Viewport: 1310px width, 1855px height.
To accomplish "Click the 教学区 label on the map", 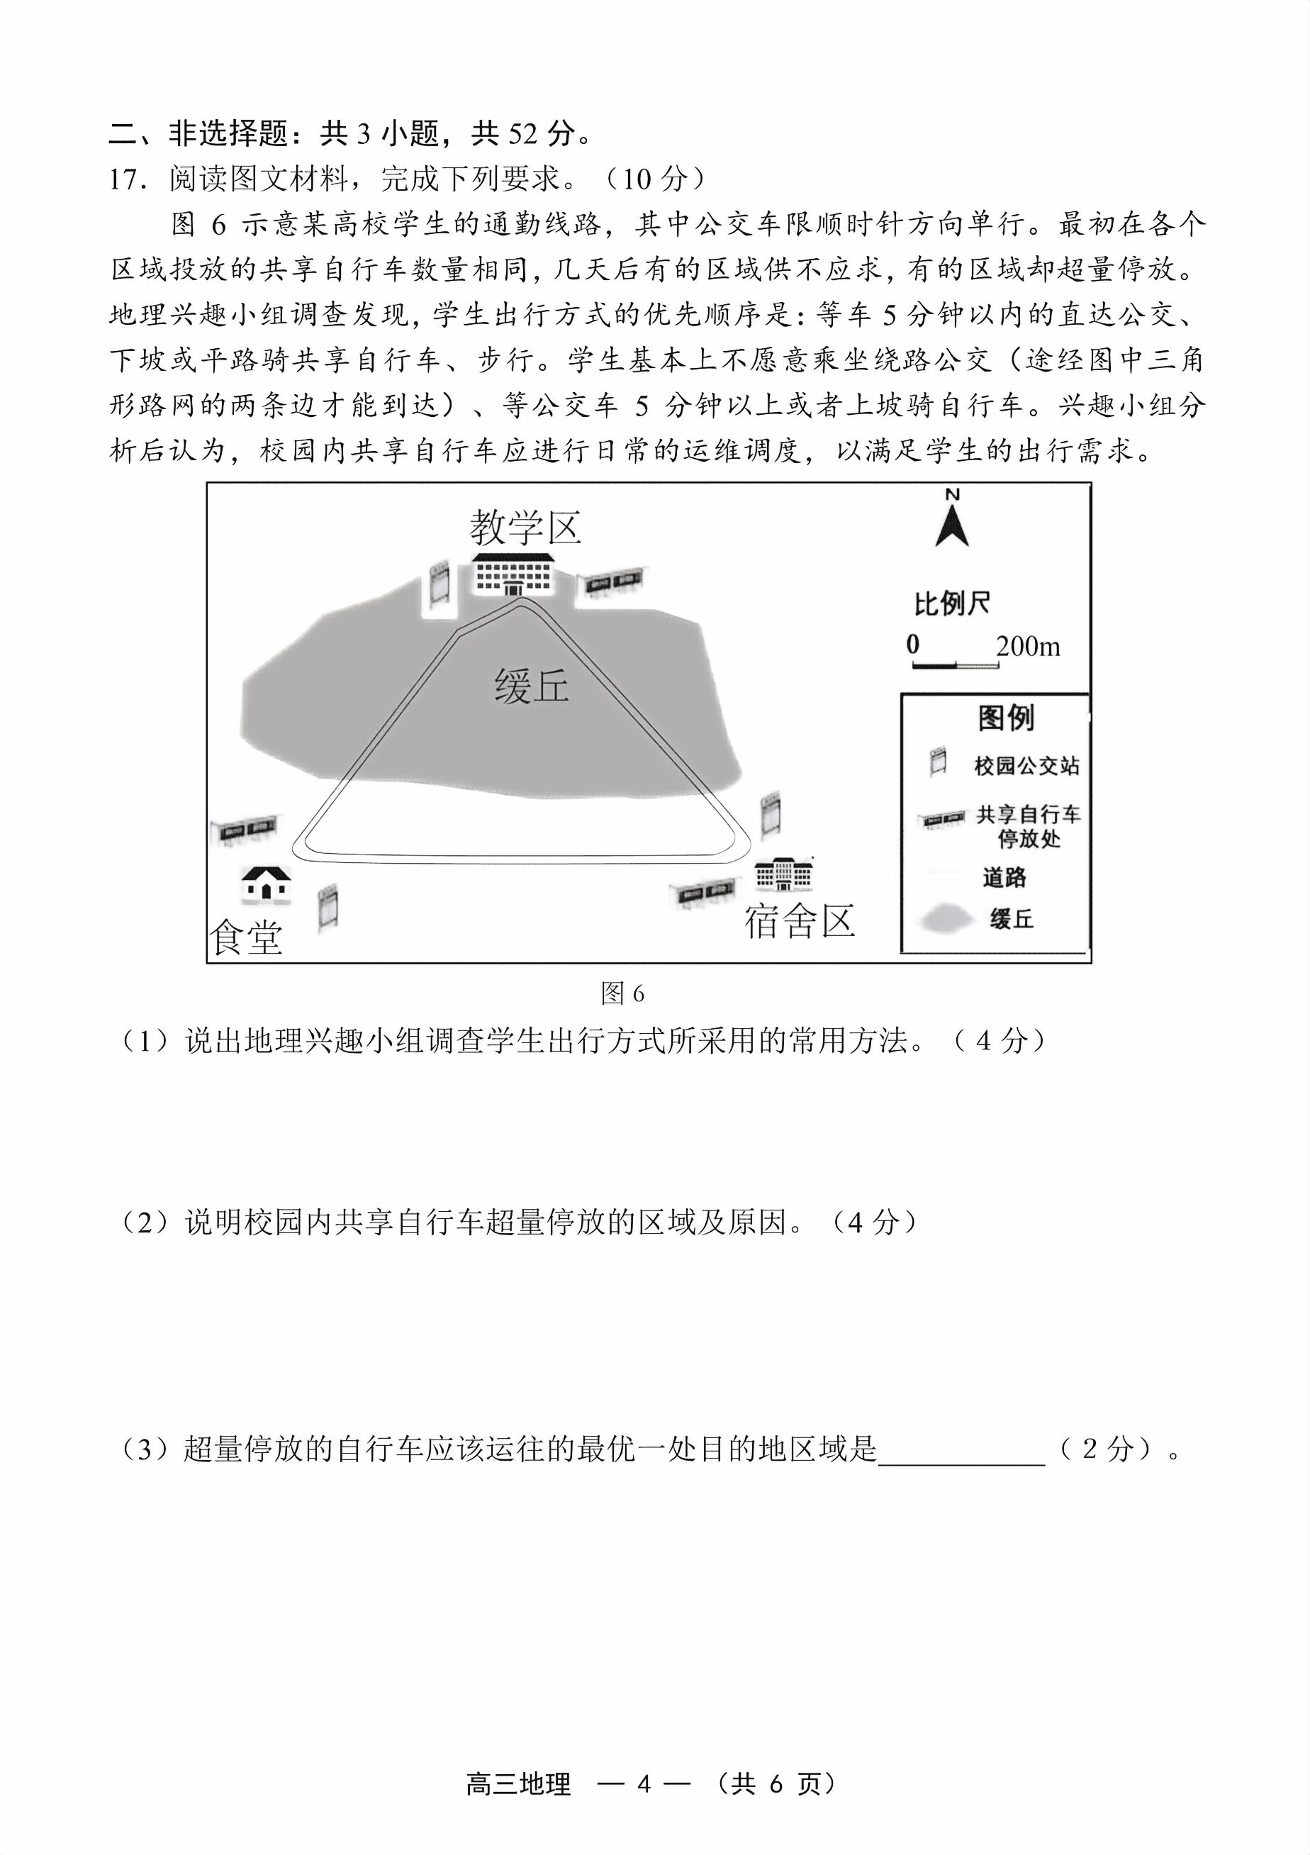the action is tap(526, 528).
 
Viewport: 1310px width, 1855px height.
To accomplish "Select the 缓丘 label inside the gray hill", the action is tap(532, 686).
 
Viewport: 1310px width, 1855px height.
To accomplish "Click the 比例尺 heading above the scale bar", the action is tap(952, 603).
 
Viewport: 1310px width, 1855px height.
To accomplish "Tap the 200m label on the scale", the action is tap(1027, 646).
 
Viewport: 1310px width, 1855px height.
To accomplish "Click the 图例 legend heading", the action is tap(1005, 718).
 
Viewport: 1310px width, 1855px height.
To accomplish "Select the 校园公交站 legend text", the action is tap(1026, 765).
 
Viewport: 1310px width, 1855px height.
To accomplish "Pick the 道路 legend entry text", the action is tap(1004, 876).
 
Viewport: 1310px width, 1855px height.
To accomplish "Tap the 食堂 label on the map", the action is tap(246, 938).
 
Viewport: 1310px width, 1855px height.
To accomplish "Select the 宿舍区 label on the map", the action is tap(800, 921).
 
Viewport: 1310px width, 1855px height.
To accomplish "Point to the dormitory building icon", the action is tap(783, 874).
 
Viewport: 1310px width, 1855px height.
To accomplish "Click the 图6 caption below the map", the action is tap(622, 993).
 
